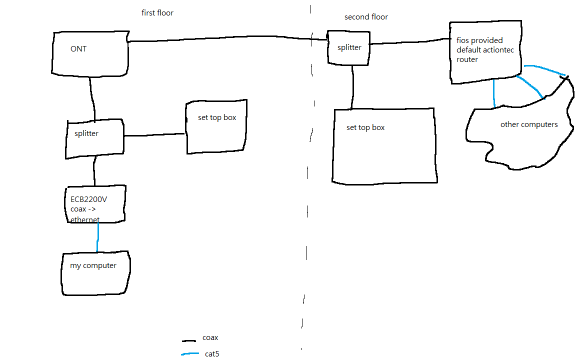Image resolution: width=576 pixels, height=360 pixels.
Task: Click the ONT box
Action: (90, 54)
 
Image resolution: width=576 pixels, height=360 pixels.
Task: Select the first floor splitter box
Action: (95, 139)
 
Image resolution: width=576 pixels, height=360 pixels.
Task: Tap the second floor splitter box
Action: (348, 48)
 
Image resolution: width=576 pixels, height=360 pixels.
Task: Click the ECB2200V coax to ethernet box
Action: (95, 204)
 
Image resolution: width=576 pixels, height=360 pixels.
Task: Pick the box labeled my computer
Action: (96, 273)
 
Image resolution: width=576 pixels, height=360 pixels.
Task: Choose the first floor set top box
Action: (216, 126)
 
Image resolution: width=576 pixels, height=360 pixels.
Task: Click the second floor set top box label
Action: (365, 127)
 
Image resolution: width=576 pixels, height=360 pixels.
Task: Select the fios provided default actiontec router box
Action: (485, 52)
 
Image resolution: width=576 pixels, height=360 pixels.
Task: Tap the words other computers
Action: (529, 124)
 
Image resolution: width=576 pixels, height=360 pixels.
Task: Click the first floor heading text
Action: (157, 13)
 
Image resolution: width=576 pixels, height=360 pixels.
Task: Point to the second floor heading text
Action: (366, 17)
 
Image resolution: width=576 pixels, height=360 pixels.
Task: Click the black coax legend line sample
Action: (189, 341)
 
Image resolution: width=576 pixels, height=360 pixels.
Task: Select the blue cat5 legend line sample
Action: (190, 354)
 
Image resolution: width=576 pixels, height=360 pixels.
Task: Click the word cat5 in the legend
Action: (212, 354)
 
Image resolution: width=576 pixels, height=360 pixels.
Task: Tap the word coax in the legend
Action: (210, 337)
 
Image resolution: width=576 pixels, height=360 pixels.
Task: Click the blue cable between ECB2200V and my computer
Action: (97, 237)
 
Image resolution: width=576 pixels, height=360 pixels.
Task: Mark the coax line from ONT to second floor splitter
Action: (228, 38)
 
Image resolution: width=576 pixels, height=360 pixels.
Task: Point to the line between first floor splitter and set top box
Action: (154, 135)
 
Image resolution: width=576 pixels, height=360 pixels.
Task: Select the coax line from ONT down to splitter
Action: (92, 98)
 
